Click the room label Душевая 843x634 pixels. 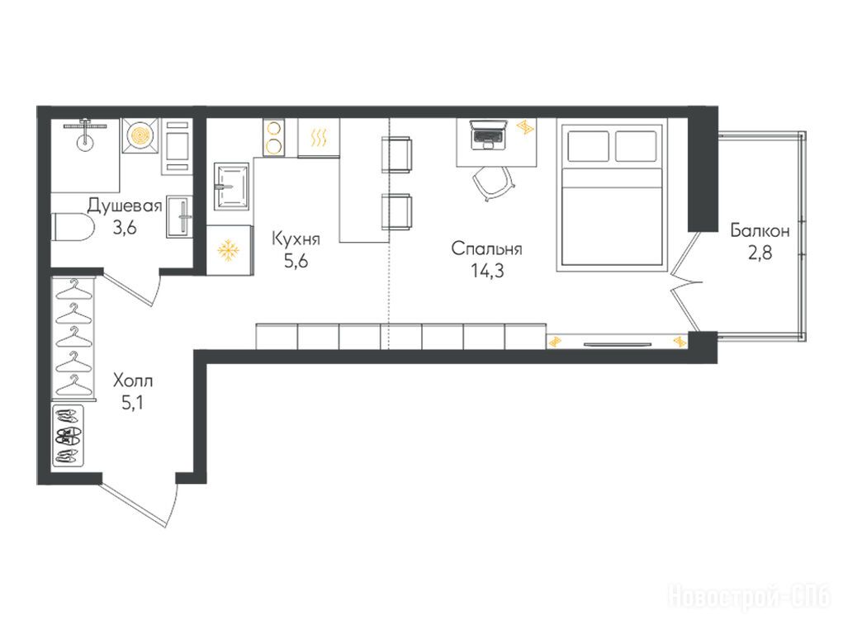125,206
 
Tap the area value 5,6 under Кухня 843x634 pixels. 296,262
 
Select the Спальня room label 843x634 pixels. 486,249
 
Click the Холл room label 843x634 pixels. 133,381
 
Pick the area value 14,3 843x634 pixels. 487,271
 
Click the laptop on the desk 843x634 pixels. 488,134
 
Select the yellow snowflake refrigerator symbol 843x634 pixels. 228,251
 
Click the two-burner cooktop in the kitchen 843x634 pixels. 274,137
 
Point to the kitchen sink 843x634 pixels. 231,187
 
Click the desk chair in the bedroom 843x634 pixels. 494,182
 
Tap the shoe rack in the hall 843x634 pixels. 69,436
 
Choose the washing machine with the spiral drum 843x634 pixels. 140,135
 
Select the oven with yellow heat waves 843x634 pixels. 318,138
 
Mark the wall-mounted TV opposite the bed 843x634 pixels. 618,343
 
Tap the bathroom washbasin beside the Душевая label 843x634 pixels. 179,216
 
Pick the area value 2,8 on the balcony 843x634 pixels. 760,253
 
